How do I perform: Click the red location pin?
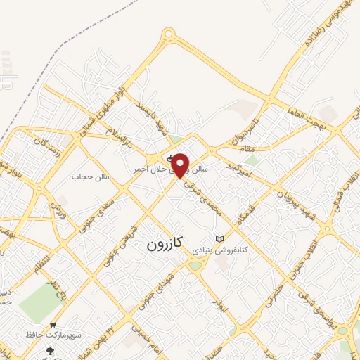(181, 165)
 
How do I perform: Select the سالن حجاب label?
(91, 176)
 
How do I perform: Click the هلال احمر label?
(149, 169)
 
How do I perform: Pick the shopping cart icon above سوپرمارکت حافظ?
(53, 326)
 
